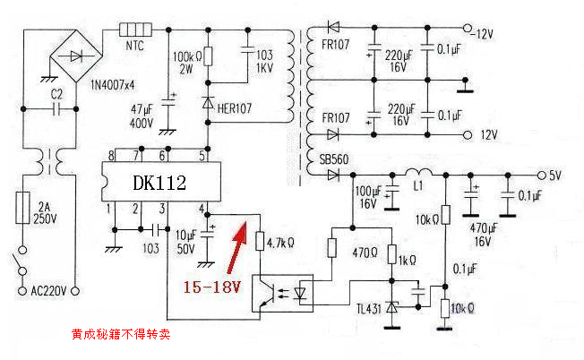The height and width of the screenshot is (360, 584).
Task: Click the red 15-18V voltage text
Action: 212,287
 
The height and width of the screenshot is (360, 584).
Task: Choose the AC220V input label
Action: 48,290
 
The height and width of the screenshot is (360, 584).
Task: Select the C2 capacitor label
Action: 56,94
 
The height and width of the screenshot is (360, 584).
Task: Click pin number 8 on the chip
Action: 111,156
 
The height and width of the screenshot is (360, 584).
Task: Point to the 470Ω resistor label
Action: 365,253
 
